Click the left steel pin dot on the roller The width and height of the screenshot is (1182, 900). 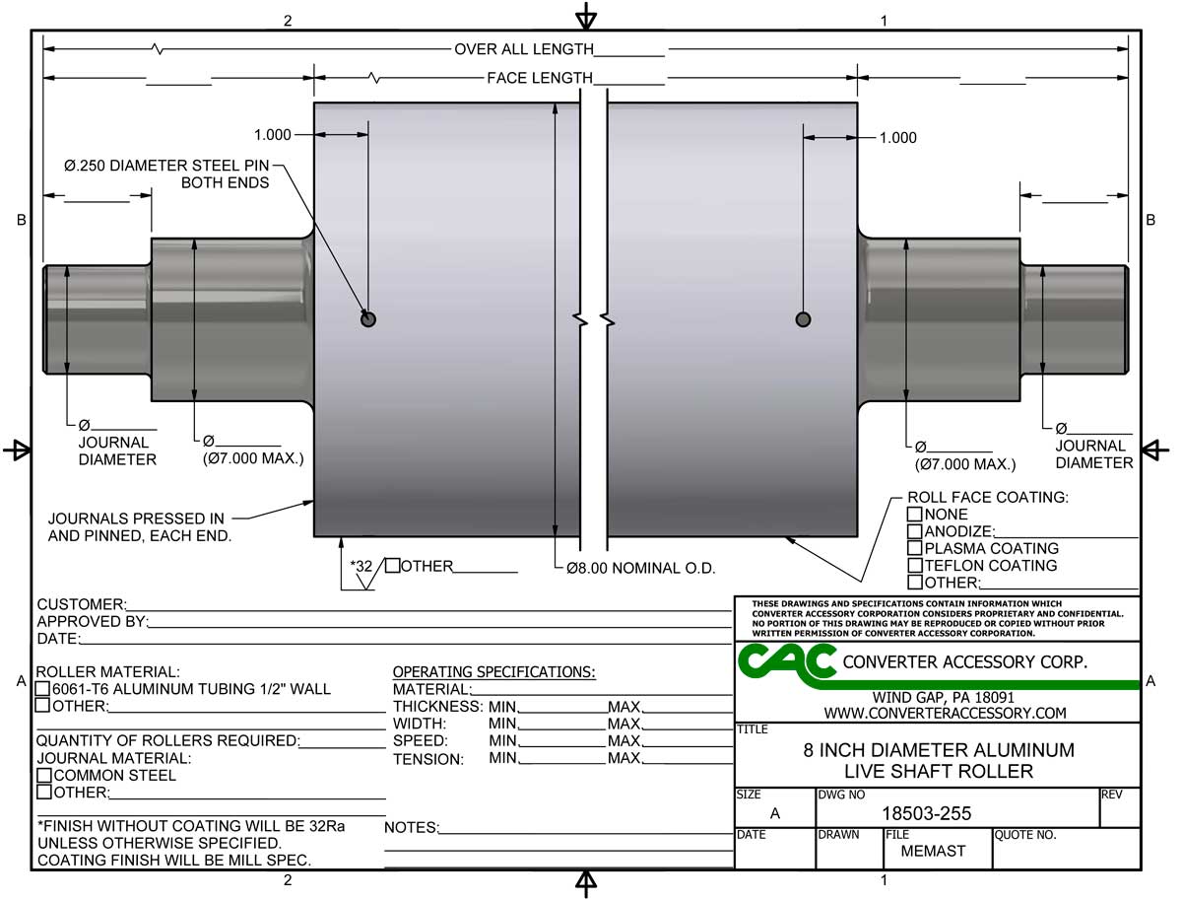368,318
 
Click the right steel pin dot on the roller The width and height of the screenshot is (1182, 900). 803,318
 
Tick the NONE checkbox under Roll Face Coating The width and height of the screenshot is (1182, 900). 914,515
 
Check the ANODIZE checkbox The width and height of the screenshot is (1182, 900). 914,531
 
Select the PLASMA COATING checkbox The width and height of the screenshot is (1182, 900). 914,548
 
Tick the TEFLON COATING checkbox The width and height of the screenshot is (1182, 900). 914,566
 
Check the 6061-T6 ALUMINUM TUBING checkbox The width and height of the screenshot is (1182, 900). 43,689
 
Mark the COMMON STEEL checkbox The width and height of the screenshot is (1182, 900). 43,776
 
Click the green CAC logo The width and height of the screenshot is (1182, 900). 786,662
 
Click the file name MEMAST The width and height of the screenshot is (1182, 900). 933,851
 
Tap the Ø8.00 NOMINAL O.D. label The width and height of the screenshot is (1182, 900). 640,569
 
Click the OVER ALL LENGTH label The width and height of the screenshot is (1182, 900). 523,49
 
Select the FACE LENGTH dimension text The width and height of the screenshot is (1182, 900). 539,78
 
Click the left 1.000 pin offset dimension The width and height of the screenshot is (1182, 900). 272,135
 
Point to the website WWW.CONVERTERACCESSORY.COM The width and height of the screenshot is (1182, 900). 945,713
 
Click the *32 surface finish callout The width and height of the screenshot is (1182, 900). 361,566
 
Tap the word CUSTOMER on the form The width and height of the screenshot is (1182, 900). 80,604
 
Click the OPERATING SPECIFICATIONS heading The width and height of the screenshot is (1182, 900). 493,672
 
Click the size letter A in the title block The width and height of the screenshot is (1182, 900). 774,813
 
